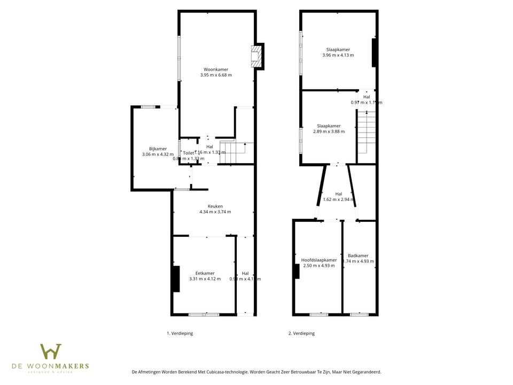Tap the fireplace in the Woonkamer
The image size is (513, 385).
(256, 56)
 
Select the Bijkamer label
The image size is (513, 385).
(158, 149)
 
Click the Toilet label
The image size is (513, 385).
(189, 152)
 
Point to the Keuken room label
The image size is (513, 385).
(215, 206)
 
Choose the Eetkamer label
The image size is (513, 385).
(205, 273)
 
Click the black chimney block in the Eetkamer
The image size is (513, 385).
(175, 279)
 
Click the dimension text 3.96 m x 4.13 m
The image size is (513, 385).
(338, 55)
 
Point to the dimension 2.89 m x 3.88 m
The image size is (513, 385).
(329, 132)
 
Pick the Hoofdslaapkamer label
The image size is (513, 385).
(318, 260)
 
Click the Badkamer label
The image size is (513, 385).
(358, 256)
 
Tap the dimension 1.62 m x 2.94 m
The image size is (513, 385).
(339, 200)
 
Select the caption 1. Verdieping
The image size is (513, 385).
(180, 333)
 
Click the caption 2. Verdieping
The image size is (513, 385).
(301, 333)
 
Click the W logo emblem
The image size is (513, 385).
(51, 352)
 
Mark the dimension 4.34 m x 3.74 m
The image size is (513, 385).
(215, 212)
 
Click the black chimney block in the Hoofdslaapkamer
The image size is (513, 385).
(296, 271)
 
